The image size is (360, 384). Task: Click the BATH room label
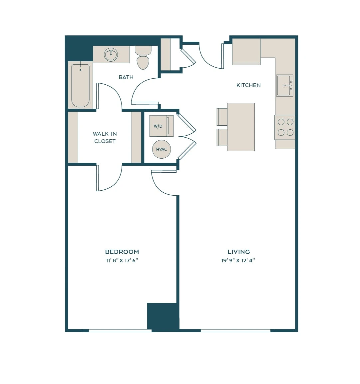(x=126, y=77)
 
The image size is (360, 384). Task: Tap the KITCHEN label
(x=248, y=85)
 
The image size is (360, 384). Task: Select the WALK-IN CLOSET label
(x=105, y=137)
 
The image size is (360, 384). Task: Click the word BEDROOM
(x=122, y=252)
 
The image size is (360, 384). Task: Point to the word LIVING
(x=239, y=252)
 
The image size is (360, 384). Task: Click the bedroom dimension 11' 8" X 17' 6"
(x=122, y=260)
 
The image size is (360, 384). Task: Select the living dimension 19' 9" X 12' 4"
(x=238, y=260)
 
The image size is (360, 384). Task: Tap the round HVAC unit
(x=162, y=149)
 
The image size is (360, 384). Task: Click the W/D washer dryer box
(x=162, y=126)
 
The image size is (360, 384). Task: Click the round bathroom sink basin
(x=111, y=55)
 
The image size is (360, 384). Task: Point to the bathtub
(x=80, y=86)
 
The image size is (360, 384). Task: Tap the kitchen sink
(x=285, y=86)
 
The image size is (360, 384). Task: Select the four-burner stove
(x=285, y=127)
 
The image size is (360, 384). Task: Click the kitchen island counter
(x=241, y=127)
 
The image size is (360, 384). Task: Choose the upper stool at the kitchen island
(x=222, y=117)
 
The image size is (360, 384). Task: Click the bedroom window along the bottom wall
(x=120, y=330)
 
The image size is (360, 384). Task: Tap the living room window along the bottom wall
(x=235, y=330)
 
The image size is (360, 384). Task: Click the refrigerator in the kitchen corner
(x=246, y=51)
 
